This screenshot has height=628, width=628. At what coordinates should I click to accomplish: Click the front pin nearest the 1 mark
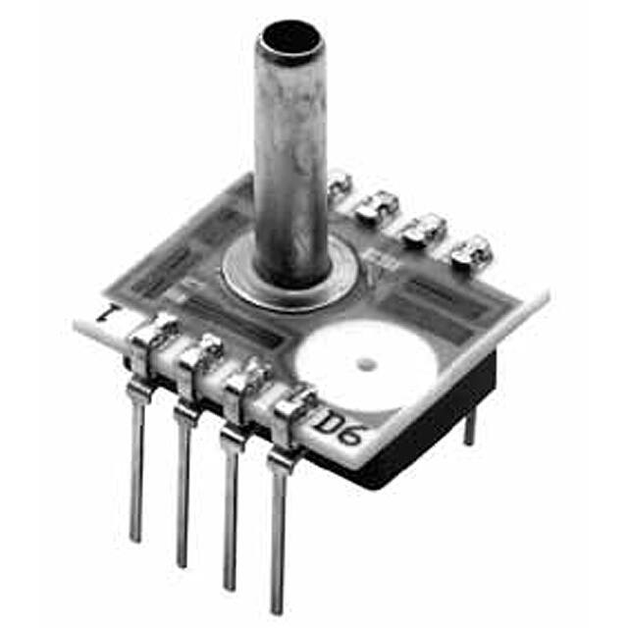[x=136, y=461]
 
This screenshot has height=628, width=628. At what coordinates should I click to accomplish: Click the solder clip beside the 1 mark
[x=148, y=340]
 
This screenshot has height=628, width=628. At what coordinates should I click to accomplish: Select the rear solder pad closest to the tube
[x=339, y=182]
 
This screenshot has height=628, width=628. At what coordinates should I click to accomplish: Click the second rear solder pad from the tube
[x=376, y=204]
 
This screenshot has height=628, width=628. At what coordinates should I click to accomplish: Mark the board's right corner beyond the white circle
[x=543, y=293]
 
